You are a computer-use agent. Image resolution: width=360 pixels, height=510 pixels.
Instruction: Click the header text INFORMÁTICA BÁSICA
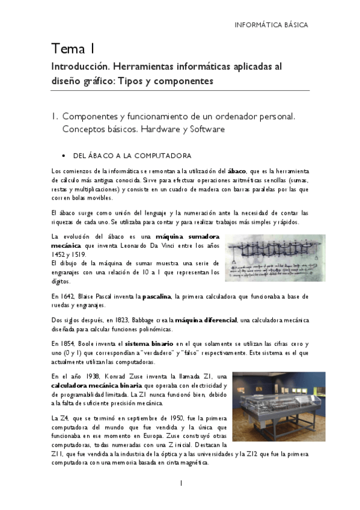[x=270, y=25]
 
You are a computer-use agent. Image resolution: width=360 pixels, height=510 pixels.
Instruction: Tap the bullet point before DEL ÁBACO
[x=64, y=155]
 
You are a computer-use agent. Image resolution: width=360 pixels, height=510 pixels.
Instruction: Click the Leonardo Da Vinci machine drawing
[x=275, y=257]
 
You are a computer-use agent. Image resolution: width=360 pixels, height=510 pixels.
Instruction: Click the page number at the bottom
[x=180, y=483]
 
